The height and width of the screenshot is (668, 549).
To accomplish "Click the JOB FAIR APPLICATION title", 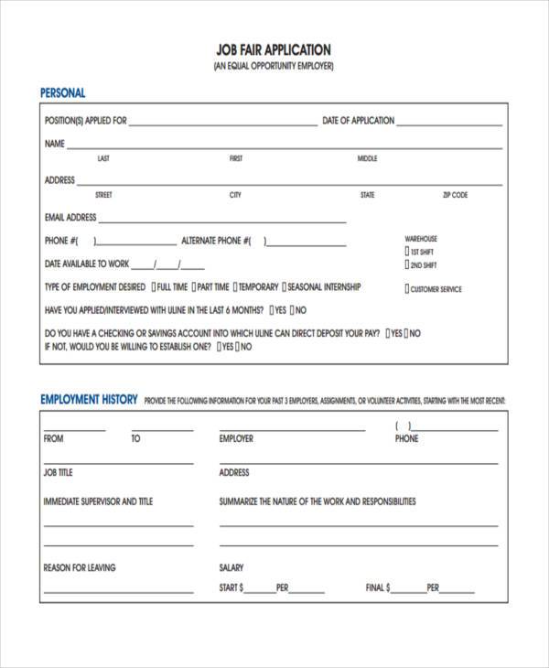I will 274,49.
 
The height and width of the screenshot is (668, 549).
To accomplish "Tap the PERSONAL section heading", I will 63,93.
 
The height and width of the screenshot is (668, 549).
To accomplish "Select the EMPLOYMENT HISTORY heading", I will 89,400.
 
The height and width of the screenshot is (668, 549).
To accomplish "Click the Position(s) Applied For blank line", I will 223,124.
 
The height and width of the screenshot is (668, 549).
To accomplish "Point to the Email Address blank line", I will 222,221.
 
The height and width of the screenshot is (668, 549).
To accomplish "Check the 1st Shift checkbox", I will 407,252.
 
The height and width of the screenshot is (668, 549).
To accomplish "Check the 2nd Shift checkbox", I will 407,265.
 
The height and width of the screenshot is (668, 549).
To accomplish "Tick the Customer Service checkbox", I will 407,289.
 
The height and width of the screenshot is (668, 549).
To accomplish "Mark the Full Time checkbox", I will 153,287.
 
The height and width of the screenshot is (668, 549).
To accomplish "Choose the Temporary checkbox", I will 237,287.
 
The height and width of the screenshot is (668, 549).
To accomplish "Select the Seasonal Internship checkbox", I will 285,287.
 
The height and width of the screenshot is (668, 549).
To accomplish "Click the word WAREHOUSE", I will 421,239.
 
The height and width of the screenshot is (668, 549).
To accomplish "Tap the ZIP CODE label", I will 455,195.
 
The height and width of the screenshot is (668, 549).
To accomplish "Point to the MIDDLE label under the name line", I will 367,158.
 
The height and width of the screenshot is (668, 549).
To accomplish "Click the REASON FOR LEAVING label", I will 80,568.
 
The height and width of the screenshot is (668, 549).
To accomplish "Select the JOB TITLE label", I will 58,473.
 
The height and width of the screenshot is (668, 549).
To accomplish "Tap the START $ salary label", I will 231,588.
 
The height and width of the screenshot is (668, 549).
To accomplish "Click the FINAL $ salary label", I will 378,588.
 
